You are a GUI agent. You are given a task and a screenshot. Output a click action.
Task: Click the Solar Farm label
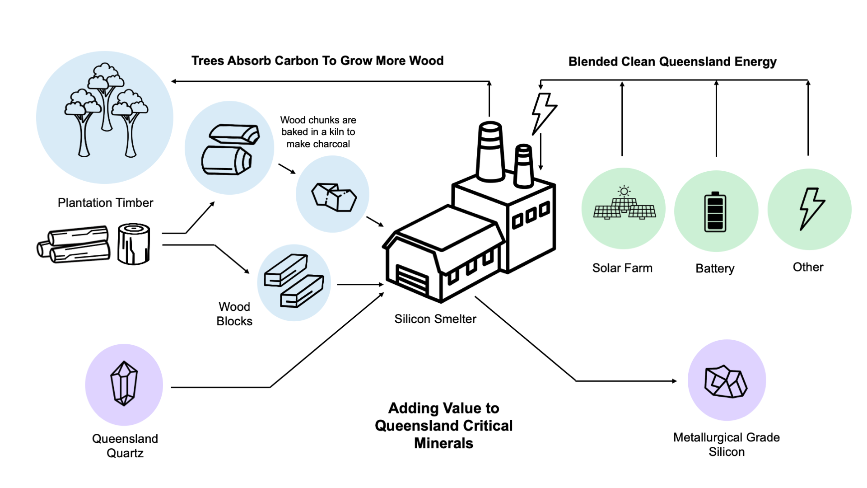coord(622,268)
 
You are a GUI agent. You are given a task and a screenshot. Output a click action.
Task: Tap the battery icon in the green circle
coord(715,212)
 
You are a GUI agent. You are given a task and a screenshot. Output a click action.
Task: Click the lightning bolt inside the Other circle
coord(811,209)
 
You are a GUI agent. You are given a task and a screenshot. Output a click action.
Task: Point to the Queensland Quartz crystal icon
coord(124,384)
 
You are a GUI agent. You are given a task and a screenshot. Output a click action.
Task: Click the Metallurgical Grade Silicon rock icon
coord(726,382)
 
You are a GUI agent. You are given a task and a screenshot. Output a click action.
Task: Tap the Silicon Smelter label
coord(435,319)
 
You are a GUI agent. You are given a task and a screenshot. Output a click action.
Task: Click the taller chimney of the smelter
coord(490,151)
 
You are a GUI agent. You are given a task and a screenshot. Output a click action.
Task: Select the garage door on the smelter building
coord(412,280)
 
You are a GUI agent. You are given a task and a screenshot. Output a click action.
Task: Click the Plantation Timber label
coord(105,203)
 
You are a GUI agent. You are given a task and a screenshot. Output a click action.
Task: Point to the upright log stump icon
coord(134,244)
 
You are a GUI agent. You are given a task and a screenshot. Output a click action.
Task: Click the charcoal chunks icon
coord(334,197)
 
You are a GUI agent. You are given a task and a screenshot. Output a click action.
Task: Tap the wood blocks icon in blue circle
coord(294,282)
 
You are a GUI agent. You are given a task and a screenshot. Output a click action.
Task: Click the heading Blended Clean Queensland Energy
coord(672,61)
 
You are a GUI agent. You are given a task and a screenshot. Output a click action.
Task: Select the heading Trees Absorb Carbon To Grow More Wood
coord(317,61)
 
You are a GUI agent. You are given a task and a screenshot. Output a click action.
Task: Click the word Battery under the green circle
coord(715,268)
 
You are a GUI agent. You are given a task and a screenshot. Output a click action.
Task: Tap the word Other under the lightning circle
coord(808,267)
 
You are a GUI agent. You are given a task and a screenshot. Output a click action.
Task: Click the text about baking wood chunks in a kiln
coord(318,132)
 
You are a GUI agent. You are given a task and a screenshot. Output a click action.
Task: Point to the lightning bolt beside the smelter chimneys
coord(543,113)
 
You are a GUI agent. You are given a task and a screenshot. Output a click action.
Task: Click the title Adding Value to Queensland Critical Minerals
coord(443,426)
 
